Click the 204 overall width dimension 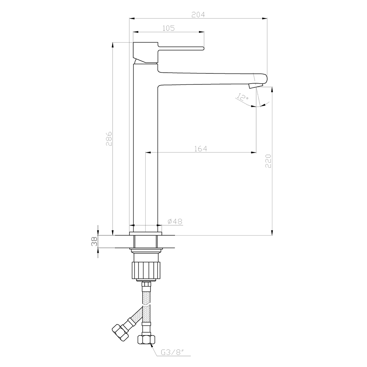coord(198,15)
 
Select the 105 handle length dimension coord(168,28)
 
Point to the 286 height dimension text coord(109,139)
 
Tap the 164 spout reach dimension coord(201,149)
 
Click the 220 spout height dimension coord(268,161)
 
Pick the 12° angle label coord(243,97)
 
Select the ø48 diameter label coord(175,221)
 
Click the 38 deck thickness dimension coord(94,241)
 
